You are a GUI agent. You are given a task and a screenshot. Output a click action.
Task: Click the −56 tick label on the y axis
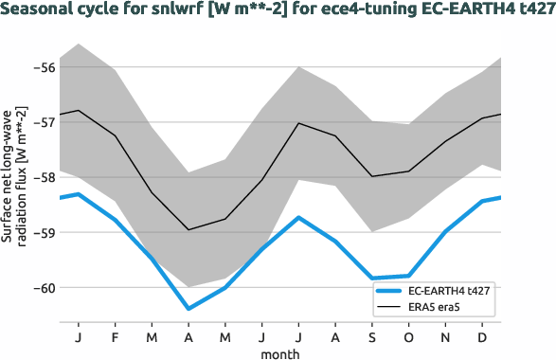tap(44, 66)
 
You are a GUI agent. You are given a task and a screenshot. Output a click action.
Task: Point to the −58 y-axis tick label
tap(44, 177)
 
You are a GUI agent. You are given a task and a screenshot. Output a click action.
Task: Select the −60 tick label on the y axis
tap(44, 287)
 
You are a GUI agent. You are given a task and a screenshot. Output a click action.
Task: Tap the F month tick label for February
tap(116, 337)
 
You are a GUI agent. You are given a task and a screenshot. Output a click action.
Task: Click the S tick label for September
tap(372, 337)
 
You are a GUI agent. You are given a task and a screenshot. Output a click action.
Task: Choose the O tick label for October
tap(409, 337)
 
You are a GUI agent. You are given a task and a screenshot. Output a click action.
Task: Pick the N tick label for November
tap(446, 337)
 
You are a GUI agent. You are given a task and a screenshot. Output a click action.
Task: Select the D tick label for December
tap(483, 337)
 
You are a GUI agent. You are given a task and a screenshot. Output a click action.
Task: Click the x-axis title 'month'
tap(280, 352)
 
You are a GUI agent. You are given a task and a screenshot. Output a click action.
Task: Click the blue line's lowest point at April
tap(188, 308)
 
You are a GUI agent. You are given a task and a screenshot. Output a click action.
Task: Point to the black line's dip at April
tap(188, 229)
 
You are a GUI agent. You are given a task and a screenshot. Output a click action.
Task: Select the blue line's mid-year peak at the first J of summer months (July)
tap(299, 218)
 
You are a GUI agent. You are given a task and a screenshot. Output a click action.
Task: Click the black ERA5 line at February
tap(116, 135)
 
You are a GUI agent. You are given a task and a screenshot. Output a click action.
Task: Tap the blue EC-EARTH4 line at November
tap(446, 230)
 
